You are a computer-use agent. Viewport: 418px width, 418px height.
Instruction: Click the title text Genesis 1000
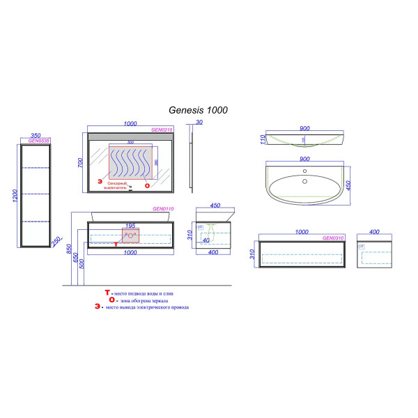point(199,109)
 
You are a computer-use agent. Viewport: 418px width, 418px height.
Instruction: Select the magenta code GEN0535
point(31,141)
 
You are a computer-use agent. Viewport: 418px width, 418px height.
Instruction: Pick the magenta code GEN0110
point(162,209)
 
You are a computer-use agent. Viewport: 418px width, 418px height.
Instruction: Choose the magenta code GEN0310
point(333,238)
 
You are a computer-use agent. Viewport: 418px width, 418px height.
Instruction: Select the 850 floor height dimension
point(68,249)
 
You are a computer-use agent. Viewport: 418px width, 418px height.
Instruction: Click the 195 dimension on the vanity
point(130,226)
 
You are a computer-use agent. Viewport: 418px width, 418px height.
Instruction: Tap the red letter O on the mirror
point(146,186)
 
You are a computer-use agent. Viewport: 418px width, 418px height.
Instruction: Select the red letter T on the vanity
point(116,244)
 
